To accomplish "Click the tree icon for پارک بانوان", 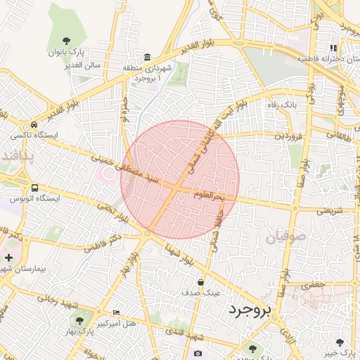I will point(67,41).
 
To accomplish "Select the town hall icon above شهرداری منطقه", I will point(147,57).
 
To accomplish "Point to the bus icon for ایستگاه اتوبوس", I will point(35,188).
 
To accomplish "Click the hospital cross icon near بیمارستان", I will point(8,258).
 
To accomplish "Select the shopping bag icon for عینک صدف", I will point(201,282).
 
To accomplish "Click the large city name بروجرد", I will point(249,311).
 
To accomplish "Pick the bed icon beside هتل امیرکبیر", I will point(117,312).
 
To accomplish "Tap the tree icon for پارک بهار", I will point(79,320).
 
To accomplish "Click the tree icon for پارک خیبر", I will point(340,342).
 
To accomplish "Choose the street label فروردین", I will point(288,134).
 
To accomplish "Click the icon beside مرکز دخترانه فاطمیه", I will point(333,49).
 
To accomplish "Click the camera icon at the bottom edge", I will point(198,353).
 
